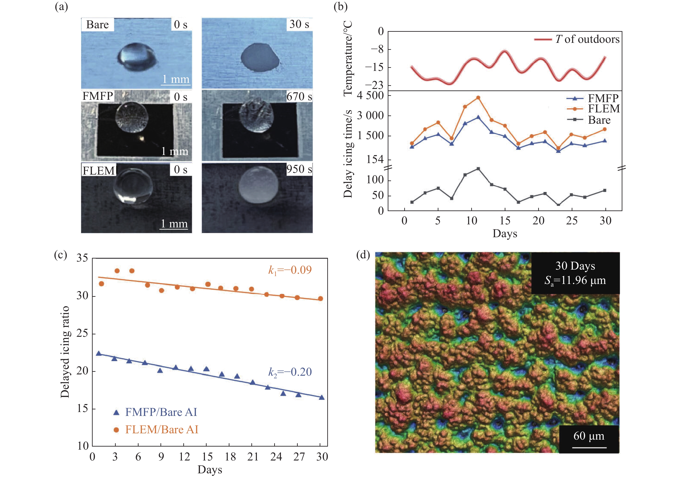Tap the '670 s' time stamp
click(x=299, y=96)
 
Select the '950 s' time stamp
click(x=299, y=169)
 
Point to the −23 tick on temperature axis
click(x=374, y=85)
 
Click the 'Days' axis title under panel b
click(x=505, y=233)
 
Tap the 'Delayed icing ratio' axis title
click(x=65, y=352)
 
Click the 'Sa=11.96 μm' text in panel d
click(x=575, y=280)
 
